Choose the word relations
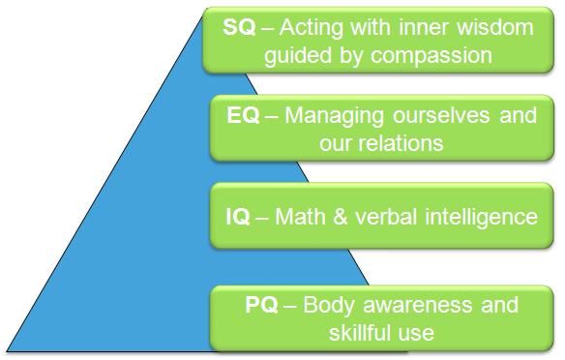coord(397,143)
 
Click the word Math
coord(300,216)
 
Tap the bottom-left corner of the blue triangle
coord(7,349)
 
